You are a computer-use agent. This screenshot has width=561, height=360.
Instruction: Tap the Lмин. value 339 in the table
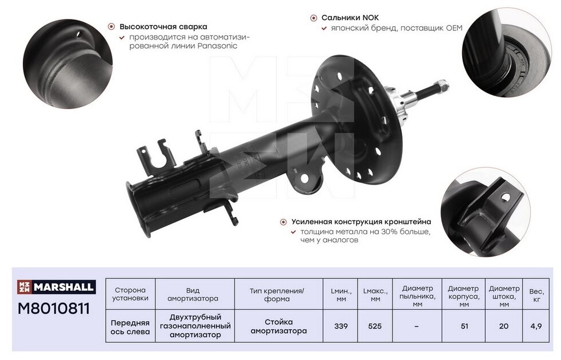342,326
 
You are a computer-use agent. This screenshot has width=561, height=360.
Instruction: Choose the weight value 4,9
536,326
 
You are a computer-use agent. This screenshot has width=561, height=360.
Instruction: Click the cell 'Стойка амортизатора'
278,326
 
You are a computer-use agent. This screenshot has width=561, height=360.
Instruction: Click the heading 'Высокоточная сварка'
163,26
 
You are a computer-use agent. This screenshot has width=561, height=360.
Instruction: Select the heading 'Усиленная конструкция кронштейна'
360,222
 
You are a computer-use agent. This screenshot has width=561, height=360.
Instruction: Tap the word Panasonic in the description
217,46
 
